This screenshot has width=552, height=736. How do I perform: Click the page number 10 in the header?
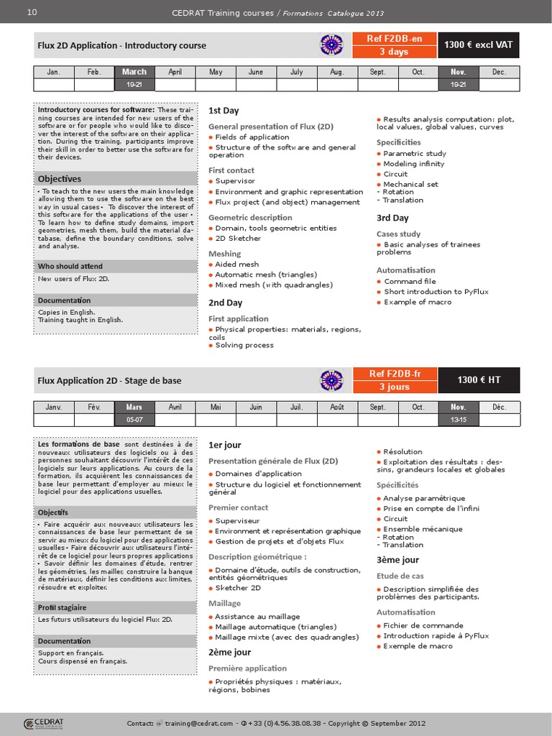(x=32, y=12)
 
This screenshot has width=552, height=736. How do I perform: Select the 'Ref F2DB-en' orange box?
(x=394, y=39)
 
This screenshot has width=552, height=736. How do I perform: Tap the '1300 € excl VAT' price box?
(x=478, y=45)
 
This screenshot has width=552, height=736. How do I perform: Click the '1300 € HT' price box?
(x=479, y=379)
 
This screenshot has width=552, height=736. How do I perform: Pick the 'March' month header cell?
(x=134, y=72)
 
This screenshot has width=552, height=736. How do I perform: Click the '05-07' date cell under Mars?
(x=134, y=419)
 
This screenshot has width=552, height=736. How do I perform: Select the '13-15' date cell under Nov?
(x=459, y=419)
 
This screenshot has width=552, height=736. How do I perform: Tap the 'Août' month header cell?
(x=336, y=407)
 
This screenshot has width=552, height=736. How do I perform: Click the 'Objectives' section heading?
(x=60, y=178)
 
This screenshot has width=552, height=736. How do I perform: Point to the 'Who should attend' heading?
(x=70, y=267)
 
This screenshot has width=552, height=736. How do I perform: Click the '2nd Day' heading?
(x=225, y=303)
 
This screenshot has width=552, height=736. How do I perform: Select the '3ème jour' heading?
(x=397, y=560)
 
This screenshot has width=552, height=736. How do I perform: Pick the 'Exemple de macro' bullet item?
(x=418, y=645)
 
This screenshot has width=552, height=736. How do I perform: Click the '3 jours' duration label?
(x=394, y=387)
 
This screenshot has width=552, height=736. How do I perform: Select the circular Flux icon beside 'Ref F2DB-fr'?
(x=331, y=379)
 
